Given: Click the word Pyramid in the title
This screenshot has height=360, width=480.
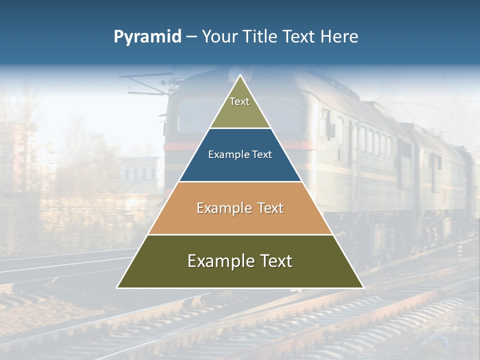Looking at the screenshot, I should pyautogui.click(x=147, y=37).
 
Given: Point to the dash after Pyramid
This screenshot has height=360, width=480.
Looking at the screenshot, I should pyautogui.click(x=191, y=37).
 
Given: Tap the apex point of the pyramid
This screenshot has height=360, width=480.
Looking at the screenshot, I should pyautogui.click(x=240, y=75).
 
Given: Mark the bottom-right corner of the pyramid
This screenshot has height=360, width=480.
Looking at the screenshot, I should pyautogui.click(x=363, y=287).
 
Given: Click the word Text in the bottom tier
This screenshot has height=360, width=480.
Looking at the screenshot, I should pyautogui.click(x=274, y=261).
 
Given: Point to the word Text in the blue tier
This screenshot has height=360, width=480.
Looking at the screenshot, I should pyautogui.click(x=262, y=155).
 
